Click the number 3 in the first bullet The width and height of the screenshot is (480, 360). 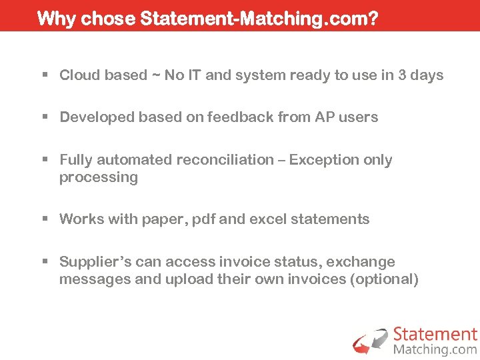[x=402, y=75]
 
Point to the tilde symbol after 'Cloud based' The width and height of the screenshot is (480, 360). [x=156, y=75]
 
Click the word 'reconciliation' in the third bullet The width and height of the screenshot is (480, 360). [x=225, y=160]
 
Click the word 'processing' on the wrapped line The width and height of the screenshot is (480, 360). [x=98, y=177]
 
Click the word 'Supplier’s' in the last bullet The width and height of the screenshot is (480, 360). [x=95, y=262]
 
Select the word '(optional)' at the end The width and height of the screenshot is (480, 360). [x=384, y=279]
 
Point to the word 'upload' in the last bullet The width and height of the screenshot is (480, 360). [x=188, y=279]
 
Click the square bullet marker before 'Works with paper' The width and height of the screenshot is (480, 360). [x=45, y=219]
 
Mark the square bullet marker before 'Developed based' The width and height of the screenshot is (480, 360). [x=45, y=117]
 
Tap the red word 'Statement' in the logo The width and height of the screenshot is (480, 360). [x=435, y=334]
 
